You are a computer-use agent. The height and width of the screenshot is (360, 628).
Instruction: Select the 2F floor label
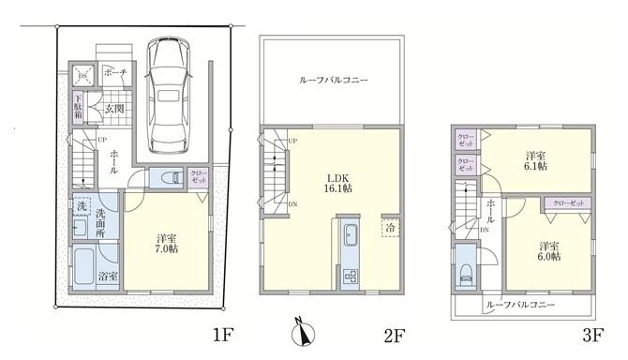coord(394,335)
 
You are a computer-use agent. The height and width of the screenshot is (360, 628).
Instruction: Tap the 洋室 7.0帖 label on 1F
coord(167,243)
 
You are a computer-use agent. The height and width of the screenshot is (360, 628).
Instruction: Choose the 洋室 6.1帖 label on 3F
coord(537,160)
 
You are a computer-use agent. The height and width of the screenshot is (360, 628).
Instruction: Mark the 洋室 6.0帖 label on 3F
coord(548,250)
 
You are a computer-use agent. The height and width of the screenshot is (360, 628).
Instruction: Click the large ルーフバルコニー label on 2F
coord(333,81)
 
